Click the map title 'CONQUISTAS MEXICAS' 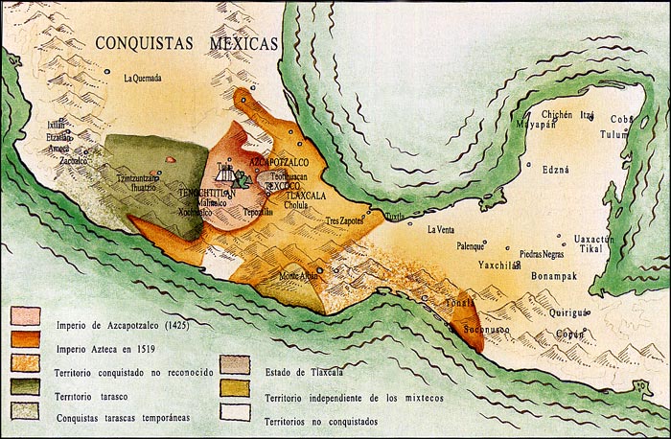187,43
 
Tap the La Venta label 441,229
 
